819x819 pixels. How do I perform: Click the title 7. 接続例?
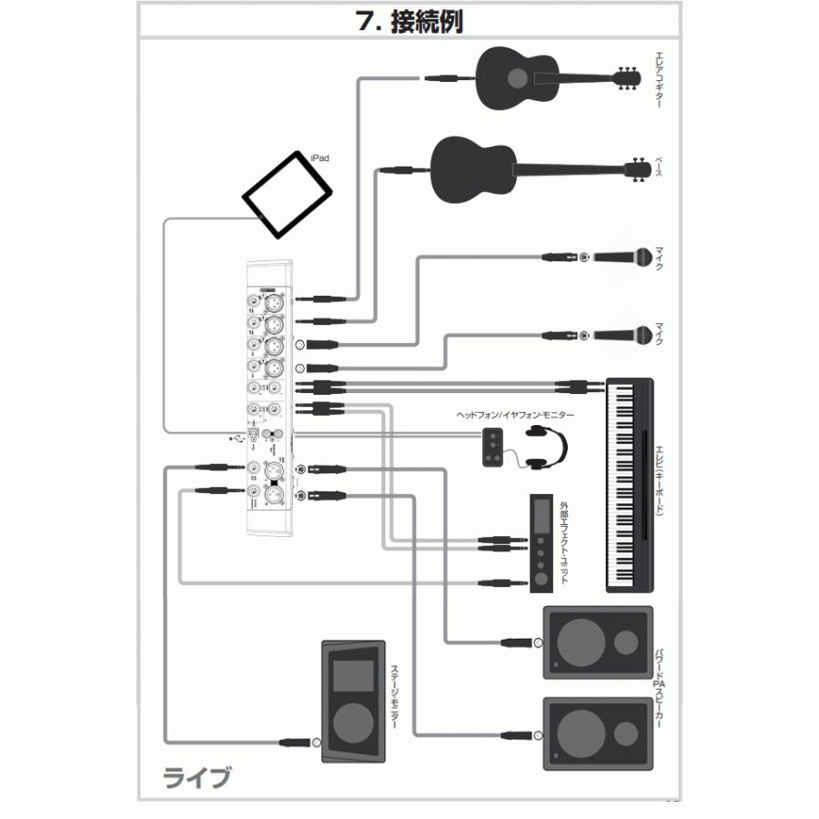[x=409, y=21]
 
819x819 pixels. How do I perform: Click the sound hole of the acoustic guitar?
[x=516, y=78]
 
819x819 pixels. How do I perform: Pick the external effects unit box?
[x=542, y=544]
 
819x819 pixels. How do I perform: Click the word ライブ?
[x=197, y=778]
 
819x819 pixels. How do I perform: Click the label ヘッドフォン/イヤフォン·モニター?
[x=517, y=414]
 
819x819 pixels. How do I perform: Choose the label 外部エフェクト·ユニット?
[x=565, y=542]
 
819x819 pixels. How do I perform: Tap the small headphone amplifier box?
[x=492, y=445]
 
